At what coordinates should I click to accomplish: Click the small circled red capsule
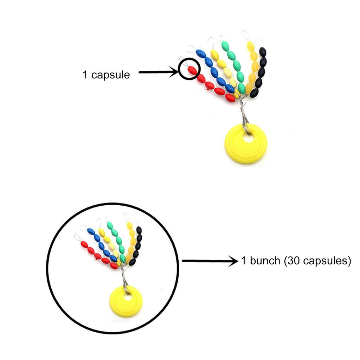[x=192, y=70]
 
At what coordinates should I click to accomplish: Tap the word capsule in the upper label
[x=110, y=75]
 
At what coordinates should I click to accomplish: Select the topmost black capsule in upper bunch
[x=262, y=52]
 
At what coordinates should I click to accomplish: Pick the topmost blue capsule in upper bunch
[x=201, y=54]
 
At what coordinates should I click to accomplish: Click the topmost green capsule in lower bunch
[x=110, y=225]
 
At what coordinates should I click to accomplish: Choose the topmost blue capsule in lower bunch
[x=91, y=231]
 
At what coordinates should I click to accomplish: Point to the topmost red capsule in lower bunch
[x=84, y=244]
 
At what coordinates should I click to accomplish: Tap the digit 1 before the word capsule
[x=85, y=75]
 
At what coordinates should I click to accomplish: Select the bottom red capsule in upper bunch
[x=230, y=98]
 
